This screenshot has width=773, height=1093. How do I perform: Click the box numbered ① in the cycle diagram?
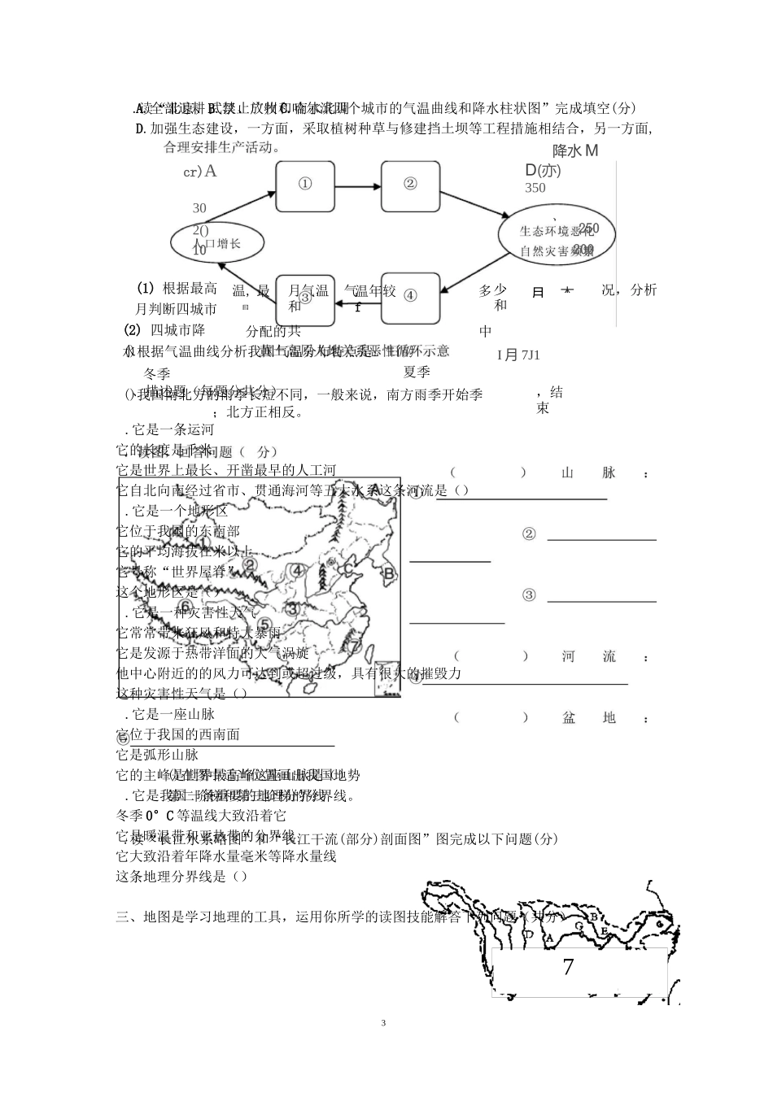tap(305, 186)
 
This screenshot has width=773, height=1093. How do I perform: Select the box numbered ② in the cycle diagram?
tap(410, 186)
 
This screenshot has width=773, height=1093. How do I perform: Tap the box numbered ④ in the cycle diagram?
tap(410, 298)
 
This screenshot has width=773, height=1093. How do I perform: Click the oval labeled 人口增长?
tap(217, 242)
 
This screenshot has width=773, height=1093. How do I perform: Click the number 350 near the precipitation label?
tap(535, 188)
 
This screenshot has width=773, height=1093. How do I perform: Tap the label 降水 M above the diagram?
tap(575, 150)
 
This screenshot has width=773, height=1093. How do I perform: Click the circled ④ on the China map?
tap(298, 570)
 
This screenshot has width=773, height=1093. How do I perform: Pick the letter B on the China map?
tap(389, 573)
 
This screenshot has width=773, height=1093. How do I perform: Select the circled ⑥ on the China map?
tap(186, 606)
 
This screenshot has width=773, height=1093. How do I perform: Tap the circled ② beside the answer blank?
tap(529, 534)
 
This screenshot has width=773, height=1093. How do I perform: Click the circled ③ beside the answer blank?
tap(529, 595)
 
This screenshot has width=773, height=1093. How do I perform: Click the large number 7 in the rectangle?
tap(568, 968)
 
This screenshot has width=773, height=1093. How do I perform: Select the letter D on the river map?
tap(528, 934)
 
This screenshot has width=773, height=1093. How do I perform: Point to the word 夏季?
tap(417, 372)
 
